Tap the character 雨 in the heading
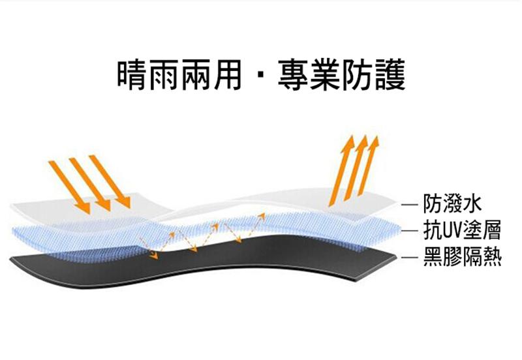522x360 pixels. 166,75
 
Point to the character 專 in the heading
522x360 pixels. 292,75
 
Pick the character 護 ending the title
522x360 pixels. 390,75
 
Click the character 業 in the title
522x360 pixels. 324,75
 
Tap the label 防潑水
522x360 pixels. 452,203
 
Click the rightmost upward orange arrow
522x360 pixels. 369,168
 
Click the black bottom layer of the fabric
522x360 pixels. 196,261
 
